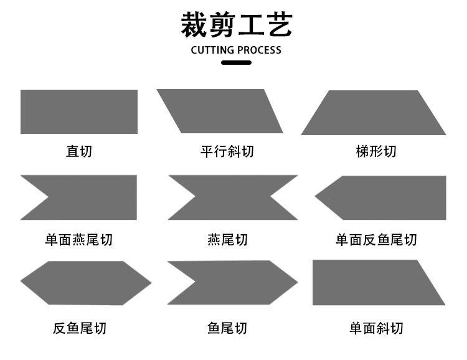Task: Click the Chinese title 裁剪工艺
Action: coord(237,25)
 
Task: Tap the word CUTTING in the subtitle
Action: coord(212,50)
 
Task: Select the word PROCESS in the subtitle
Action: coord(260,50)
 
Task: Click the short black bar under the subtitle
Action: coord(236,62)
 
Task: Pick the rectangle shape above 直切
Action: coord(79,111)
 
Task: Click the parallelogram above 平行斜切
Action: coord(220,111)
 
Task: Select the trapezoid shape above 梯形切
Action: coord(374,113)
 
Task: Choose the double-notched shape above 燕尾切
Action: coord(233,197)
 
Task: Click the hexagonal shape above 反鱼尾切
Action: coord(86,283)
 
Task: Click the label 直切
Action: coord(79,151)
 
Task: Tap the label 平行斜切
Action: coord(227,151)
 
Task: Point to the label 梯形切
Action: coord(376,151)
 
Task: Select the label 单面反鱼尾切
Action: coord(376,240)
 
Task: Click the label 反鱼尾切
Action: coord(80,328)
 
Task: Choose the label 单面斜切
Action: coord(376,328)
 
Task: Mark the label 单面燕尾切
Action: coord(79,240)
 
